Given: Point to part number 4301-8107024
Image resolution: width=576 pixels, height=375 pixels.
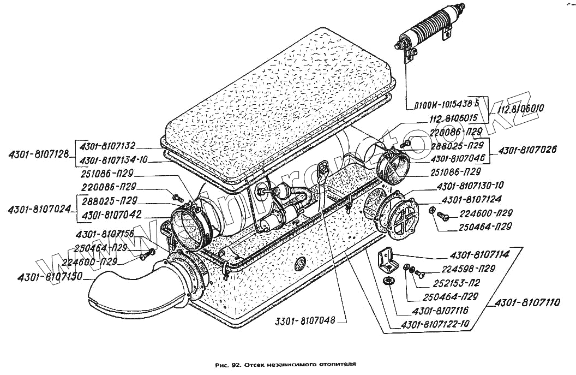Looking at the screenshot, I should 39,209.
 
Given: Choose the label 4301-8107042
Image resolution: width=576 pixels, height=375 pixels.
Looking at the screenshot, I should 112,215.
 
